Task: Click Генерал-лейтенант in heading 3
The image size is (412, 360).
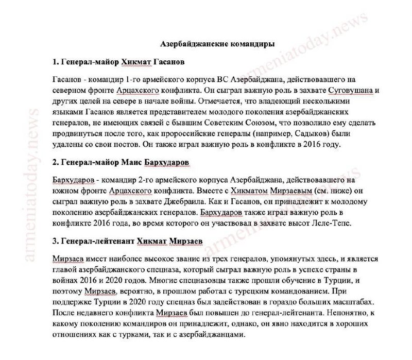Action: (x=99, y=242)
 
